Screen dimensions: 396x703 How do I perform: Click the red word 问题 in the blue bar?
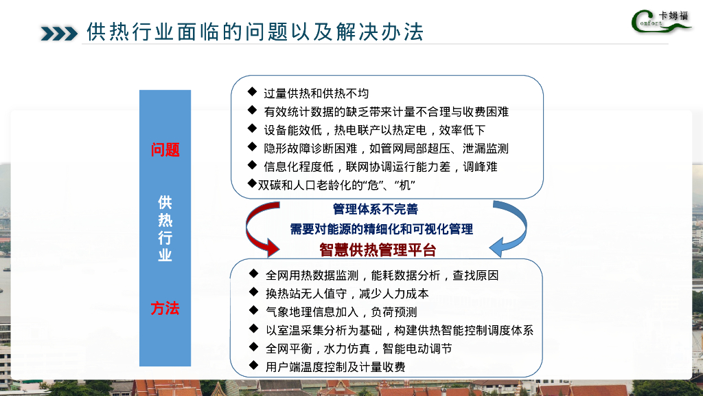[165, 150]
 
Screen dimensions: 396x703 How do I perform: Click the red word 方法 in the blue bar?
[165, 309]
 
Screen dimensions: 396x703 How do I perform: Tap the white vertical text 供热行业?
[165, 228]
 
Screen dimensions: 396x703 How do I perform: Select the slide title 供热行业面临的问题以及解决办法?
[255, 32]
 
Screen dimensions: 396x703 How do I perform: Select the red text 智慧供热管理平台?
[378, 250]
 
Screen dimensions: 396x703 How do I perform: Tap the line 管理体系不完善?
[376, 209]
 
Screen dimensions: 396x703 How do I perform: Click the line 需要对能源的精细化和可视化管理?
[381, 228]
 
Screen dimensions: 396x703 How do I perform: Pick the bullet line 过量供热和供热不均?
[316, 93]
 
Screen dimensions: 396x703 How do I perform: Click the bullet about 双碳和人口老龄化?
[336, 186]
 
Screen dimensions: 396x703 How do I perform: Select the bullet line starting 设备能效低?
[384, 130]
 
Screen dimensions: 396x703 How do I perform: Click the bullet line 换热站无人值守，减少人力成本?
[347, 294]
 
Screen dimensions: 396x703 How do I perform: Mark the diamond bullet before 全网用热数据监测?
[253, 274]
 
